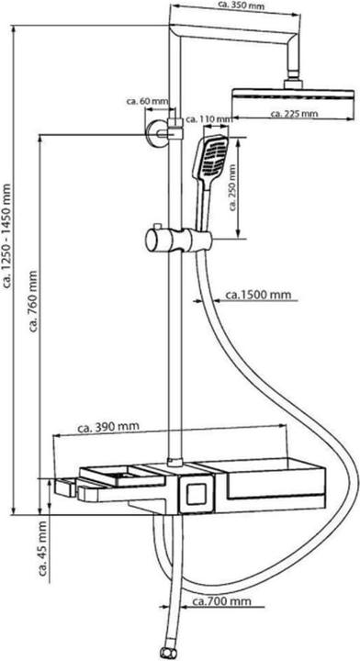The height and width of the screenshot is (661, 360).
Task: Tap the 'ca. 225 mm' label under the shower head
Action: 293,114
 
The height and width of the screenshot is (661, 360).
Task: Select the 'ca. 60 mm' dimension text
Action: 148,101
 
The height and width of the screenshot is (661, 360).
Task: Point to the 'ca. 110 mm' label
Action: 207,118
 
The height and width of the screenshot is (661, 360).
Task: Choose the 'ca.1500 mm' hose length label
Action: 259,295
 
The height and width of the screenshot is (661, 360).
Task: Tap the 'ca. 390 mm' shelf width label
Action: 109,427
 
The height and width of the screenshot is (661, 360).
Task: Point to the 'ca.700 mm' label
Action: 221,601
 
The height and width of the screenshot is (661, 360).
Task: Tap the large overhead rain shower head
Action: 293,97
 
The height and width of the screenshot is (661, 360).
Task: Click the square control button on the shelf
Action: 194,497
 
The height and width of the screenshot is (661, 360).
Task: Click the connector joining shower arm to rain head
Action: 294,81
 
